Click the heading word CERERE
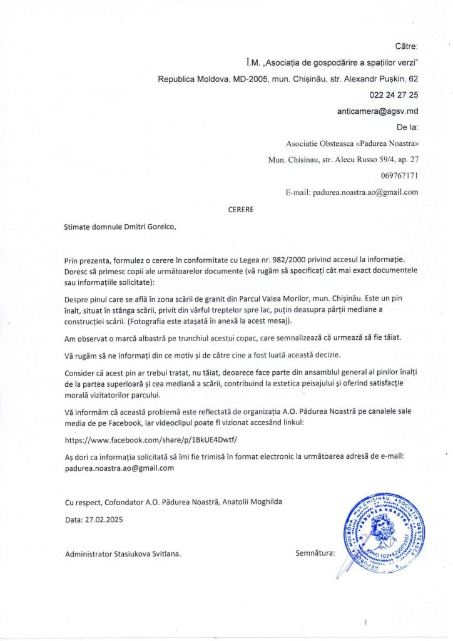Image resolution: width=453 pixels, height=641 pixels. click(x=241, y=210)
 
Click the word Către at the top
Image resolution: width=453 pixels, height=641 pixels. click(x=407, y=46)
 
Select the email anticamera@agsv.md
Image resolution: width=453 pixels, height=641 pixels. click(x=378, y=111)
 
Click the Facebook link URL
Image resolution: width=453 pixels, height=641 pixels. click(x=151, y=440)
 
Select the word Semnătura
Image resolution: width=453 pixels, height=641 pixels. click(x=315, y=553)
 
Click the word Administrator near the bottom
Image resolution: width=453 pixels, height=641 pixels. click(x=87, y=554)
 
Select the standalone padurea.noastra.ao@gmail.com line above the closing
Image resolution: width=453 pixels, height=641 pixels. click(x=119, y=468)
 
